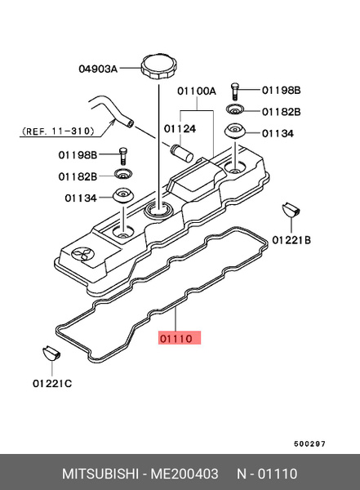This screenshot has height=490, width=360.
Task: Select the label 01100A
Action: pos(197,91)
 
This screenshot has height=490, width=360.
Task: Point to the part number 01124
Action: pos(179,128)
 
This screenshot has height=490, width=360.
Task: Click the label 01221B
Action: pos(291,240)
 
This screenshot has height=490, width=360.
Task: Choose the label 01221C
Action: pos(51,383)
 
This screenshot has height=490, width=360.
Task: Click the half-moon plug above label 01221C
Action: pos(50,354)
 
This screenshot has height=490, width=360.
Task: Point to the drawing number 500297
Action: pos(309,443)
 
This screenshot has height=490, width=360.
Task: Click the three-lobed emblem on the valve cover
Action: pos(82,253)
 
